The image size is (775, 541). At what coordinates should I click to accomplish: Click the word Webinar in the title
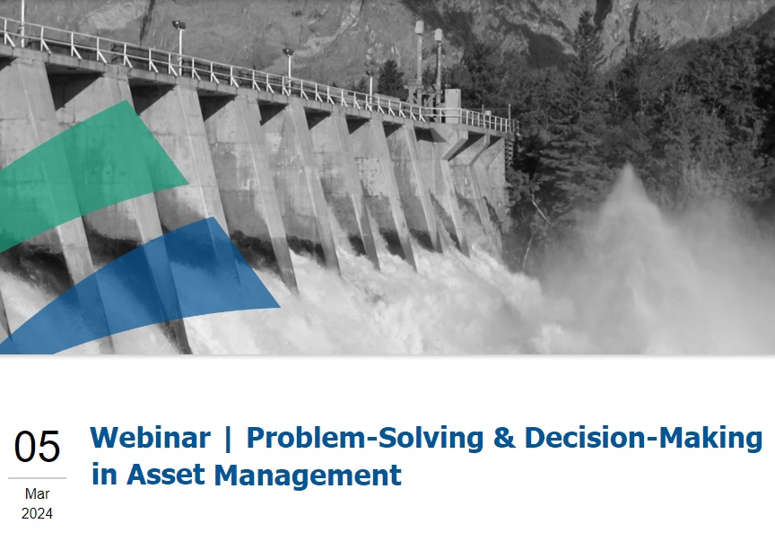pyautogui.click(x=151, y=438)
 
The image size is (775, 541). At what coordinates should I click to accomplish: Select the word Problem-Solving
pyautogui.click(x=365, y=439)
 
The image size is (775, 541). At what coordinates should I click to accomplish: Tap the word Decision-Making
pyautogui.click(x=643, y=439)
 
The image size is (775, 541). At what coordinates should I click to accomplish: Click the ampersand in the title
pyautogui.click(x=504, y=438)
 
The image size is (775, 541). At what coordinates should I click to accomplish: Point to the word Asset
pyautogui.click(x=166, y=475)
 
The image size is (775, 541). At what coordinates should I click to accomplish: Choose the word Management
pyautogui.click(x=308, y=476)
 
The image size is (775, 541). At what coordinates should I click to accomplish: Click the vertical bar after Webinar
pyautogui.click(x=228, y=439)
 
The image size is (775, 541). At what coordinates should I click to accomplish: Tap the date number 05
pyautogui.click(x=37, y=447)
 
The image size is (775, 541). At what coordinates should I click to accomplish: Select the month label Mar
pyautogui.click(x=37, y=493)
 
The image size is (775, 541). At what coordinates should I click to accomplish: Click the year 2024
pyautogui.click(x=37, y=514)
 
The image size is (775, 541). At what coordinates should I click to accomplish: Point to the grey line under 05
pyautogui.click(x=37, y=478)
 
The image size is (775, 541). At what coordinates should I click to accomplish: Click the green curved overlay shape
pyautogui.click(x=89, y=173)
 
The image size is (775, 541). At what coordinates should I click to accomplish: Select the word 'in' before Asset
pyautogui.click(x=104, y=475)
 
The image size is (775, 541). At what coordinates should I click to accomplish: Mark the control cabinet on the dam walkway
pyautogui.click(x=452, y=105)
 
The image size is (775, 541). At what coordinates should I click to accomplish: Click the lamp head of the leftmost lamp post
pyautogui.click(x=179, y=25)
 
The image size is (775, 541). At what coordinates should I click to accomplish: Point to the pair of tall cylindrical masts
pyautogui.click(x=429, y=59)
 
